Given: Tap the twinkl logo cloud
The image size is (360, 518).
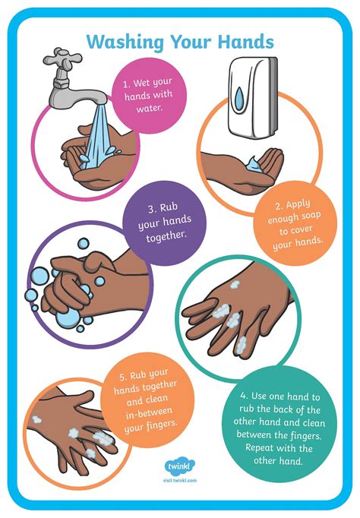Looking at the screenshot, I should tap(179, 465).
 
